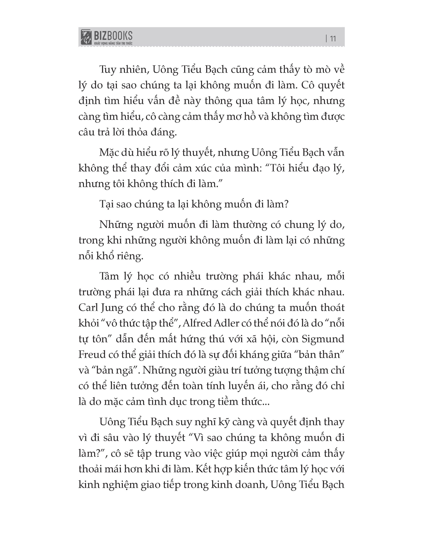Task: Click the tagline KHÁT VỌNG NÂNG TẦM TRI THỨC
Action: click(x=113, y=43)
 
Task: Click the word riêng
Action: click(x=131, y=256)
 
